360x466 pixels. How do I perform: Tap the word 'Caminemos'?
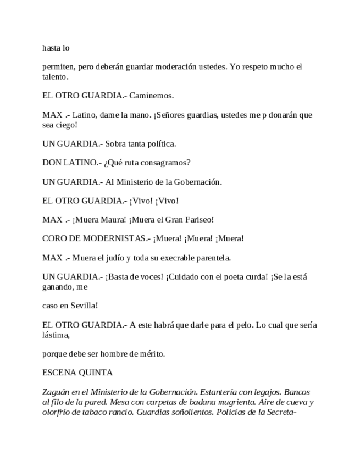pos(151,96)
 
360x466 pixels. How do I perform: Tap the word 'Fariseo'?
pos(195,219)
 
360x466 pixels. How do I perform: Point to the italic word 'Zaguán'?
pos(56,392)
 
